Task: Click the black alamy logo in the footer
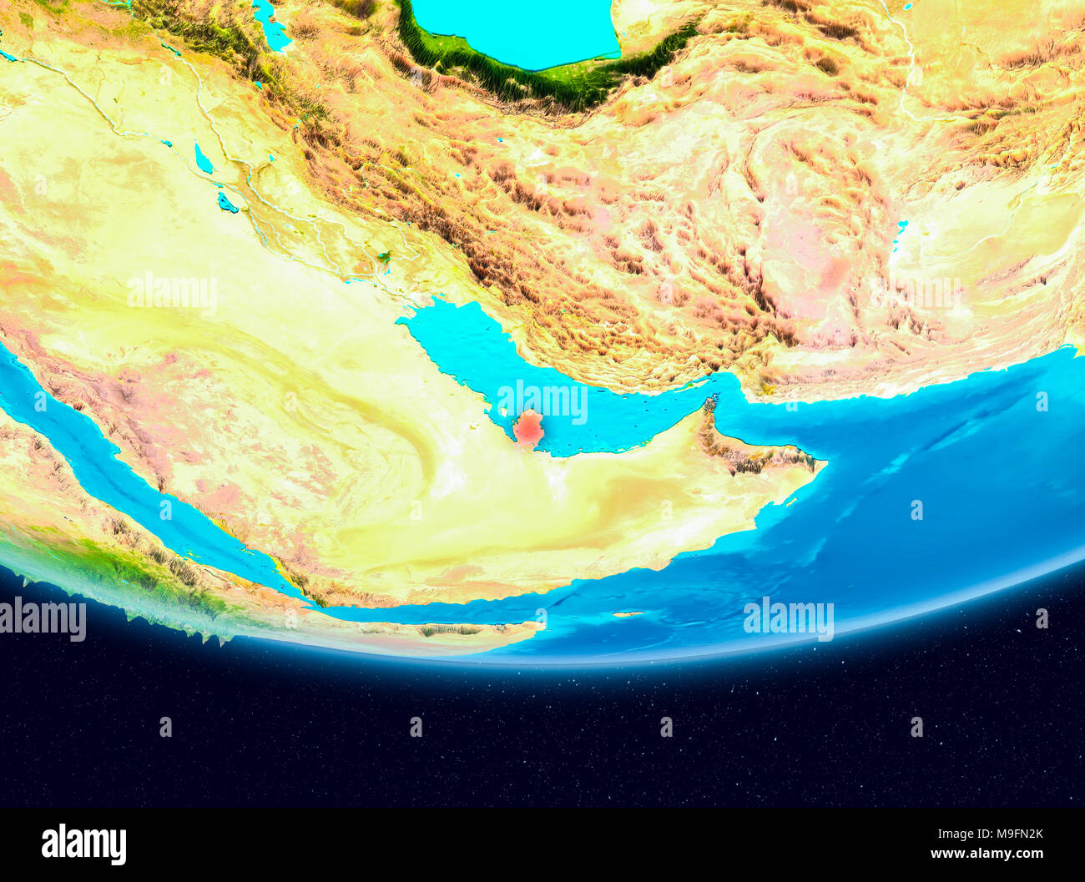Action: pyautogui.click(x=83, y=844)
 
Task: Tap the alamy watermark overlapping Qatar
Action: pyautogui.click(x=542, y=401)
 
